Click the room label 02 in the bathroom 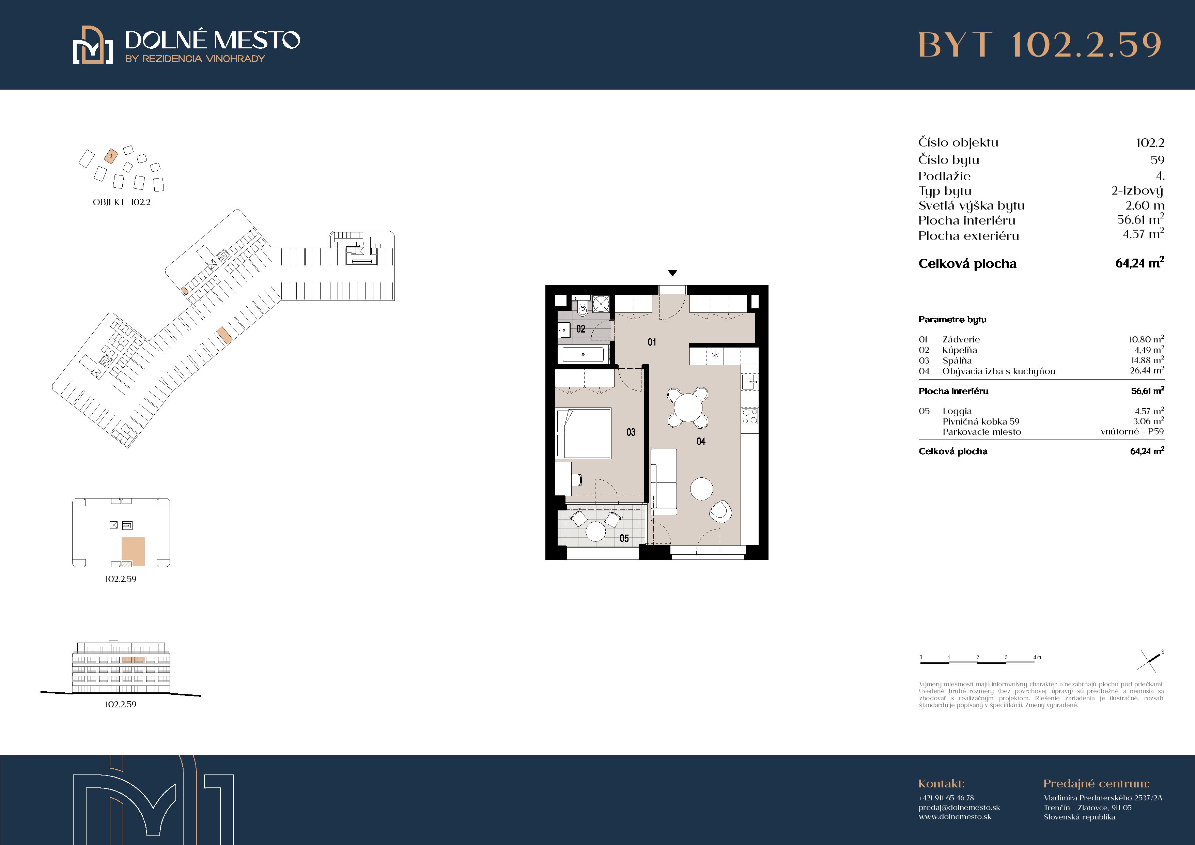[580, 329]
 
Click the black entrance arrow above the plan [672, 273]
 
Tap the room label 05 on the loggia [624, 538]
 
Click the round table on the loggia [595, 532]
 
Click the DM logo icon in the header [93, 45]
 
